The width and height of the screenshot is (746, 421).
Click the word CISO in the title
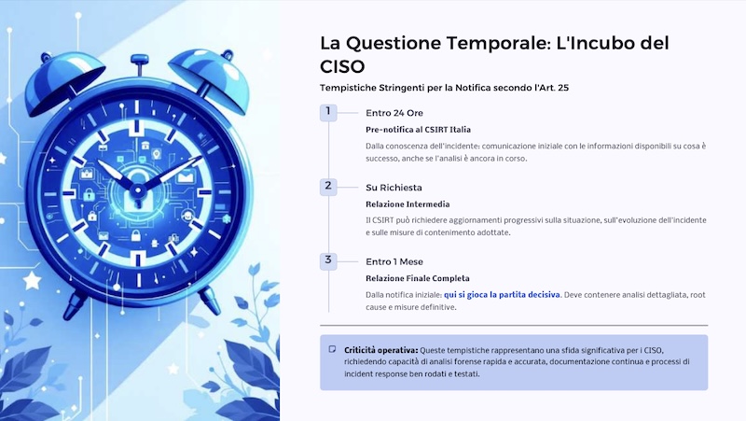(x=342, y=66)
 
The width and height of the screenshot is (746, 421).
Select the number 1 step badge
(x=328, y=112)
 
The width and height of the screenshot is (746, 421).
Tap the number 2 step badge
(x=328, y=186)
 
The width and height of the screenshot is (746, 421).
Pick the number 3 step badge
(x=328, y=260)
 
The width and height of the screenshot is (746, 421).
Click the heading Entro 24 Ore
(x=394, y=113)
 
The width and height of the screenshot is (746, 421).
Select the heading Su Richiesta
(x=394, y=187)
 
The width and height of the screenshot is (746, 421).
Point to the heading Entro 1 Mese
(x=394, y=260)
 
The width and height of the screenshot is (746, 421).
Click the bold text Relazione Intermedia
(x=408, y=203)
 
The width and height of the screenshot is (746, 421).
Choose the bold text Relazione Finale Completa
(x=418, y=277)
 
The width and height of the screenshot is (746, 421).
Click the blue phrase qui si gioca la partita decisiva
(x=502, y=294)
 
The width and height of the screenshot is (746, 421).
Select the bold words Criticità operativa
(x=380, y=349)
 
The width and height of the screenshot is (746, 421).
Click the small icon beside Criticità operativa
(x=332, y=349)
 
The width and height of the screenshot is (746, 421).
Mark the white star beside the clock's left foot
(x=30, y=279)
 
